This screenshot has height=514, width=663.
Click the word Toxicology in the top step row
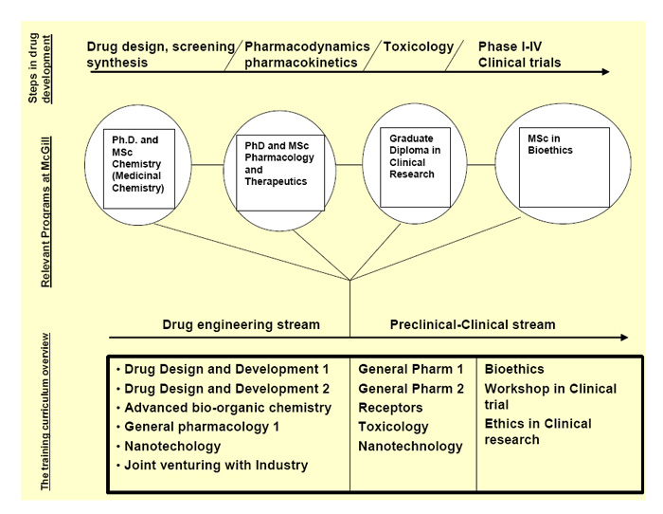419,46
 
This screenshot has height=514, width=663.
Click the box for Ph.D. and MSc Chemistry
140,169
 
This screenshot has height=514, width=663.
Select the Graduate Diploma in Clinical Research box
415,169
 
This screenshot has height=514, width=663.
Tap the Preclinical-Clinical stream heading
473,324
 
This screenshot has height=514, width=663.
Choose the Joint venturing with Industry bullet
216,465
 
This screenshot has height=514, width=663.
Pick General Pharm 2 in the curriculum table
411,389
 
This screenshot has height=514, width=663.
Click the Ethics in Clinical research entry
538,431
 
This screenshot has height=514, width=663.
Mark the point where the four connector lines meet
350,280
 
